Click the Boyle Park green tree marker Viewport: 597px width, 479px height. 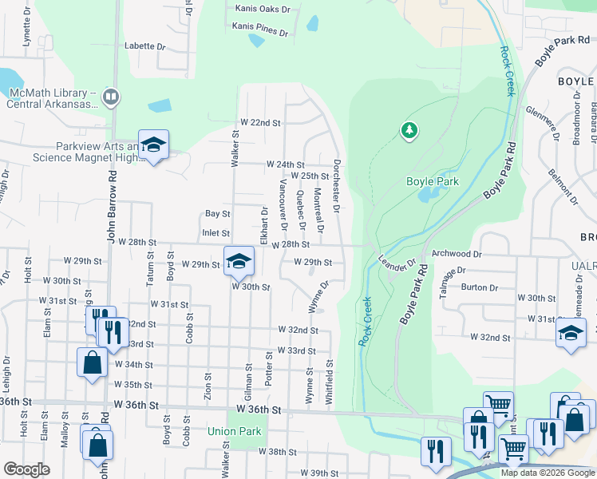[x=409, y=129]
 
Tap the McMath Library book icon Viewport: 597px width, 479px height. [x=110, y=97]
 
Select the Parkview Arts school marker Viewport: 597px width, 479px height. [x=153, y=145]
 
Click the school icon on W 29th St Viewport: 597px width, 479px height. [x=239, y=261]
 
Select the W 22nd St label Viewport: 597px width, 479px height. [x=261, y=123]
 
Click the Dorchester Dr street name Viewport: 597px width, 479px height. [x=337, y=185]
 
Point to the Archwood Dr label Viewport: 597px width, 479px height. [x=457, y=254]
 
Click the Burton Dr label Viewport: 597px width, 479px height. [x=480, y=287]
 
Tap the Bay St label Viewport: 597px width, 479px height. [x=217, y=214]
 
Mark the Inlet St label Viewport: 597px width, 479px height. [x=216, y=233]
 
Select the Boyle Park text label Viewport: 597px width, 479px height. [x=433, y=181]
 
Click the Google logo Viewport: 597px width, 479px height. [x=26, y=469]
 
